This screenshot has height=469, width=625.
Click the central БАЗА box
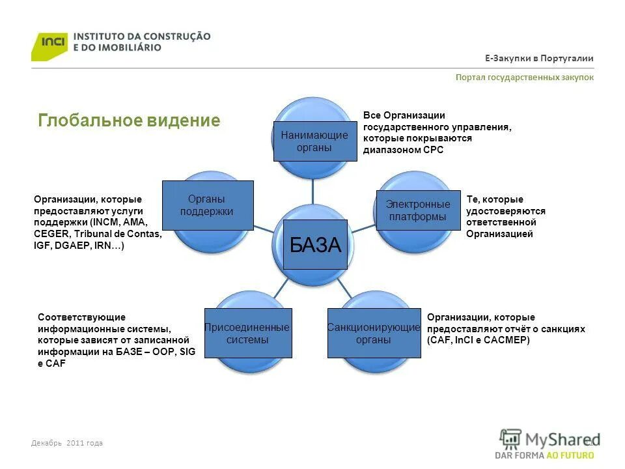point(315,245)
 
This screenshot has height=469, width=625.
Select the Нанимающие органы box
point(314,141)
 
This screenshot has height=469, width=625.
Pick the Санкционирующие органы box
point(374,333)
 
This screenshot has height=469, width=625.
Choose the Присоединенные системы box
point(247,333)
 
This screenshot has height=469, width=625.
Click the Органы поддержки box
point(207,205)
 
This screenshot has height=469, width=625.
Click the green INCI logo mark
point(49,45)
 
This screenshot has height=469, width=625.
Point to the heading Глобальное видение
point(129,121)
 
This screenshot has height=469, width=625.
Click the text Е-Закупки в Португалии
point(539,59)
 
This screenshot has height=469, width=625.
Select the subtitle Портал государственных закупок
point(525,78)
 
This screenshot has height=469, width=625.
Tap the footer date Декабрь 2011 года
point(67,443)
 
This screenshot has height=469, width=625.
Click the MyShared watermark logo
point(550,438)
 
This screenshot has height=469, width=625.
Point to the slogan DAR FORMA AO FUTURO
point(544,455)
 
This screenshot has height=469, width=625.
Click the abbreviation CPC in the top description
point(433,150)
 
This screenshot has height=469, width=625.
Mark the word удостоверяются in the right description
point(506,211)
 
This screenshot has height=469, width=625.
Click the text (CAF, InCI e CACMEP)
point(479,340)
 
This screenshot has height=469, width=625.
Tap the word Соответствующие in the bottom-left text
point(81,317)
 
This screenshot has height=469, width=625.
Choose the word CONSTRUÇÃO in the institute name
point(178,36)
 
